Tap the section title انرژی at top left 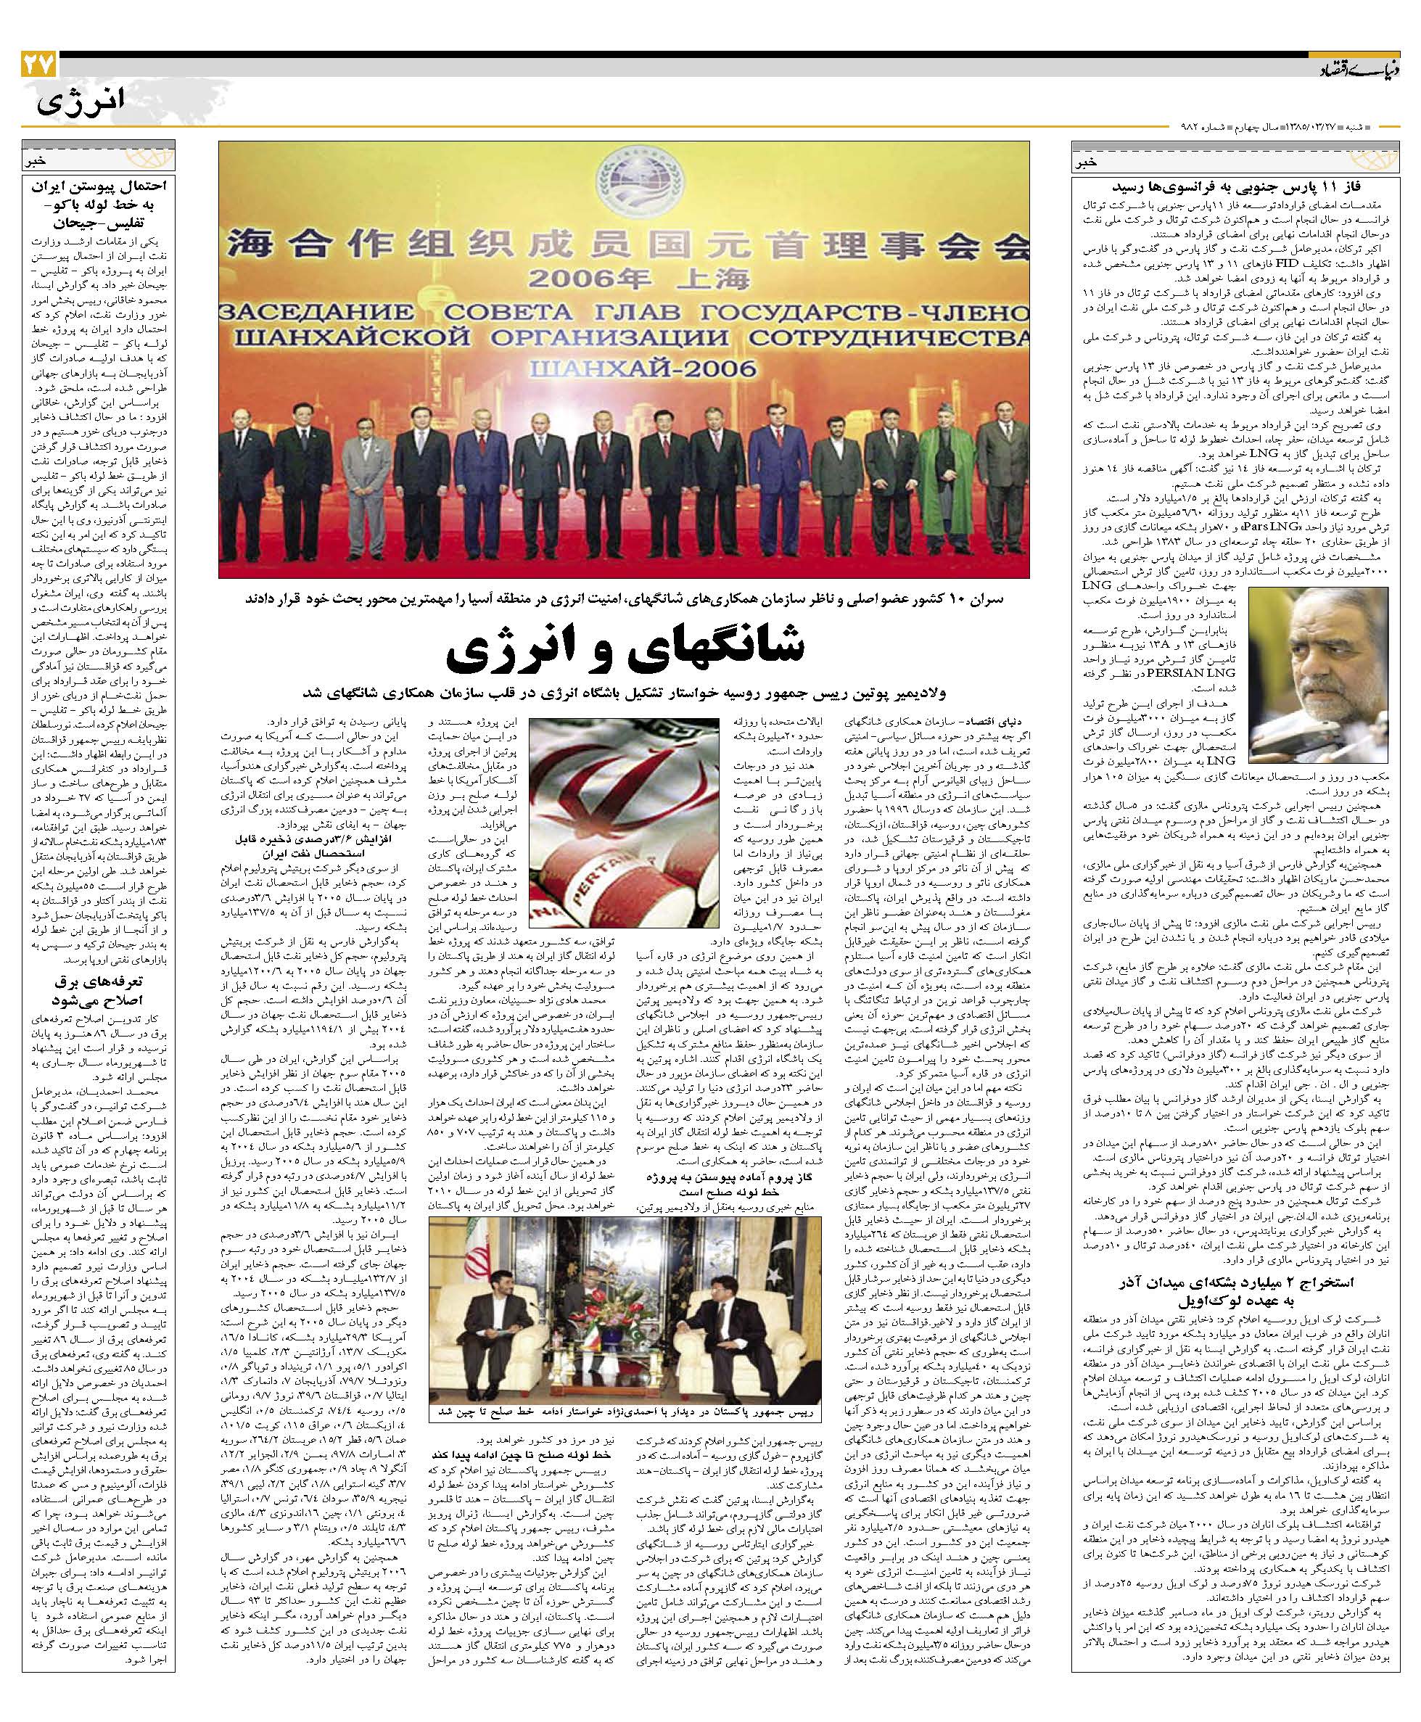coord(81,103)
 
